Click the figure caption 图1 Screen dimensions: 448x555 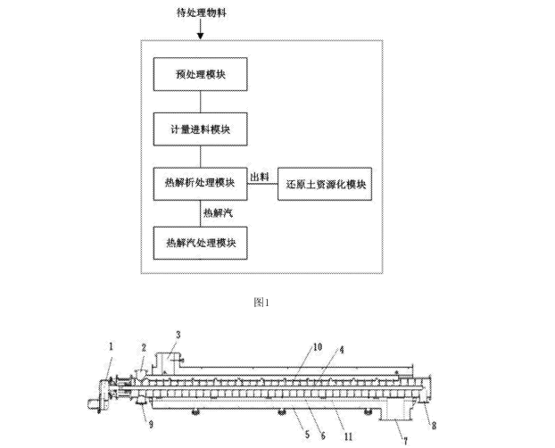pyautogui.click(x=261, y=303)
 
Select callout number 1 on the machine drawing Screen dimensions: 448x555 pyautogui.click(x=112, y=345)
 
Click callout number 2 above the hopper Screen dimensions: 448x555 pyautogui.click(x=142, y=346)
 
